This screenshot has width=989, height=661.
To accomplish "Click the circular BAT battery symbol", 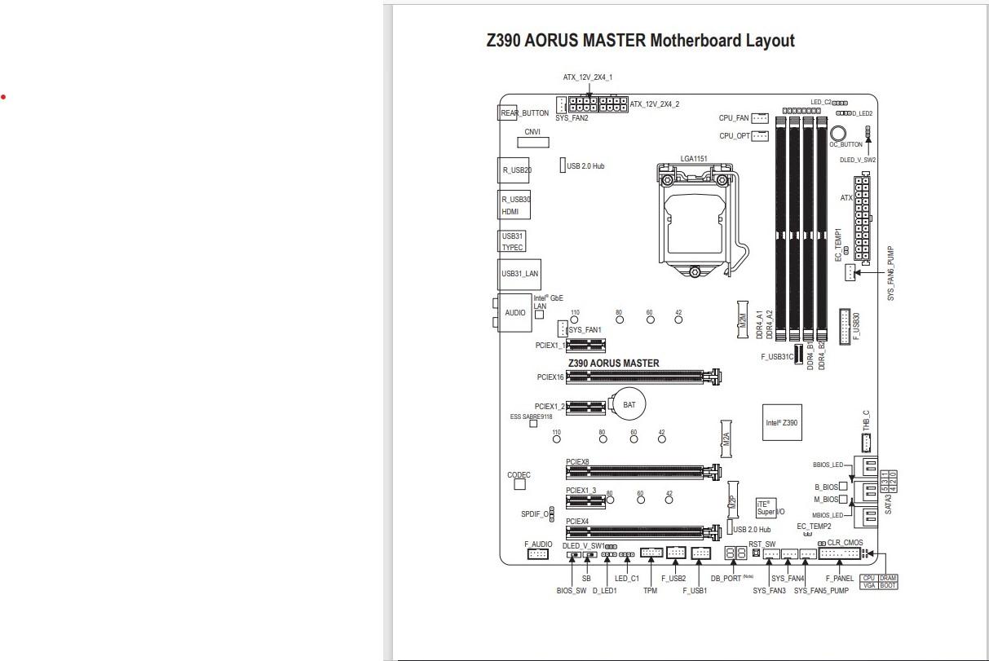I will click(x=629, y=404).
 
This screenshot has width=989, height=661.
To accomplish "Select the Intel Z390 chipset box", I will click(x=781, y=423).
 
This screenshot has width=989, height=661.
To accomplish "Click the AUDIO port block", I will click(x=515, y=313).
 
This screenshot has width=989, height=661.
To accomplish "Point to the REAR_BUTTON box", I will click(x=524, y=113).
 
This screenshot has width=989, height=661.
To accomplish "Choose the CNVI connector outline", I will click(x=532, y=143).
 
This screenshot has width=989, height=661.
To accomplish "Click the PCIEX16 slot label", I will click(x=550, y=377).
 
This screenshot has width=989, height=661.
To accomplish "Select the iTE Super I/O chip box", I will click(x=765, y=508).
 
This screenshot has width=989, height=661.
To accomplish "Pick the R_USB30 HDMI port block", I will click(x=514, y=205).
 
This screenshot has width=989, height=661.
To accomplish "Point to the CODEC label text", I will click(x=519, y=475).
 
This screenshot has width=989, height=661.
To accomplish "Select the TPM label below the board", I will click(x=650, y=591).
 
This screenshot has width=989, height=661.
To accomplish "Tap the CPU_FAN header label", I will click(x=734, y=118).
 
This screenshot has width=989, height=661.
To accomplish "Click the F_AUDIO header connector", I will click(x=537, y=554).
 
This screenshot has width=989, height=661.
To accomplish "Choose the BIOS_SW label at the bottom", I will click(x=571, y=591).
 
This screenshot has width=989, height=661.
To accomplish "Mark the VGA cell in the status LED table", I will click(x=868, y=585).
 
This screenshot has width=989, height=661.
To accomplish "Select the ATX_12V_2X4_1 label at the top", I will click(x=587, y=77).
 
